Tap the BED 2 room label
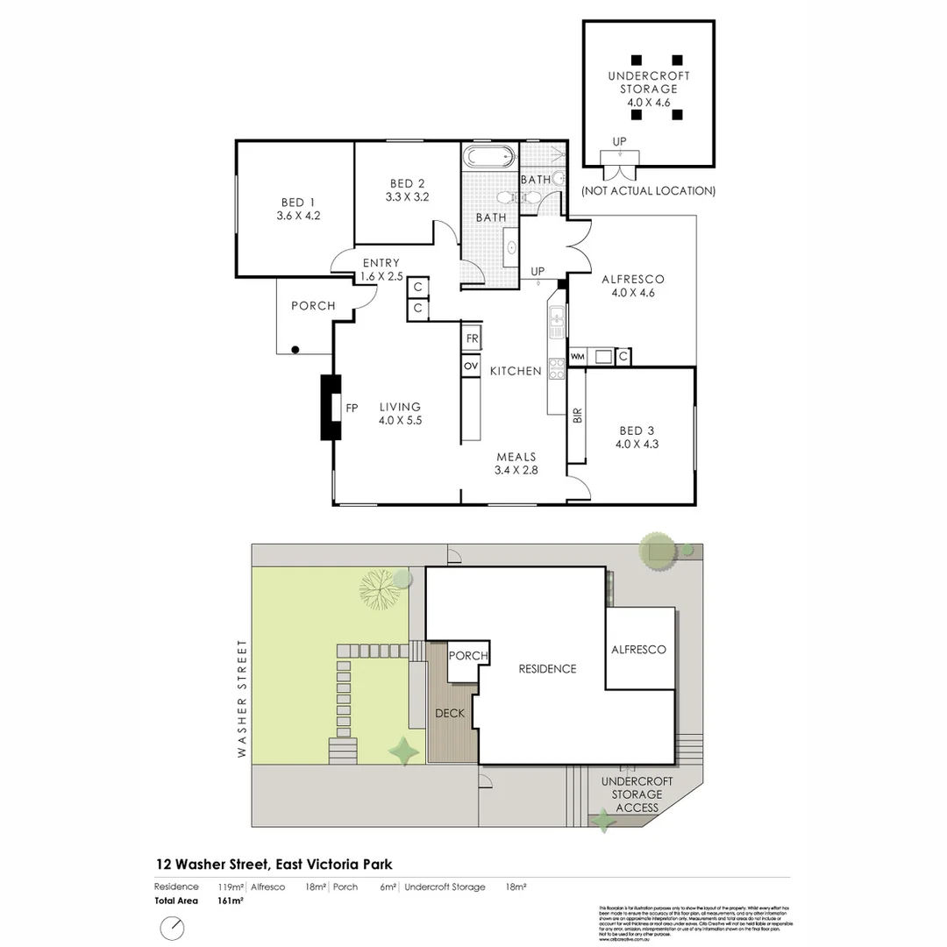tap(408, 189)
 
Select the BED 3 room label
tap(637, 437)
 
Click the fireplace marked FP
tap(331, 407)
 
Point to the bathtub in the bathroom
tap(488, 159)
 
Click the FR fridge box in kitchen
tap(472, 338)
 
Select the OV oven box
tap(471, 366)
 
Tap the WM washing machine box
tap(577, 357)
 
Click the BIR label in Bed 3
tap(577, 416)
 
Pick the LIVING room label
tap(400, 413)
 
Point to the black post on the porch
tap(295, 350)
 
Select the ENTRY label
tap(381, 269)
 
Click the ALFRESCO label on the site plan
tap(638, 650)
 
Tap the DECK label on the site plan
tap(450, 714)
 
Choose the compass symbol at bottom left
tap(173, 928)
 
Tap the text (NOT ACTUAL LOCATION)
tap(648, 191)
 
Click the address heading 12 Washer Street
tap(274, 865)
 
